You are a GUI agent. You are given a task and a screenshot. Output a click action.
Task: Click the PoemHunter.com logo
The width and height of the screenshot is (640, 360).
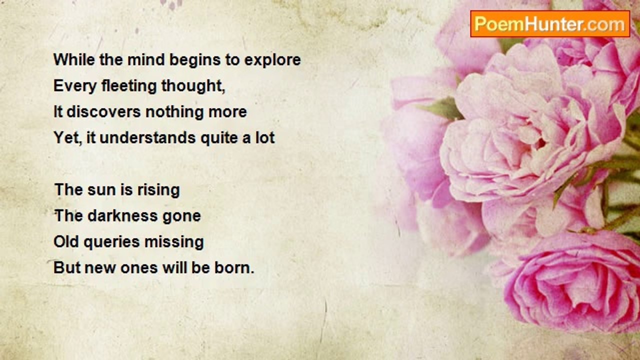(x=550, y=24)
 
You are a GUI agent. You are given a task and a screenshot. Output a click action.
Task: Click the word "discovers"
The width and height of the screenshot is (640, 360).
(x=103, y=111)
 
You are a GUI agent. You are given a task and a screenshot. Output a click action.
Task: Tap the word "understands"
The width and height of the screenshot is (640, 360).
(x=147, y=137)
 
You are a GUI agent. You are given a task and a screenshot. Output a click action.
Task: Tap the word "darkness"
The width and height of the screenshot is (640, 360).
(x=122, y=215)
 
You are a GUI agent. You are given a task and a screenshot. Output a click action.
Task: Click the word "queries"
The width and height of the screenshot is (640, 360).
(x=111, y=242)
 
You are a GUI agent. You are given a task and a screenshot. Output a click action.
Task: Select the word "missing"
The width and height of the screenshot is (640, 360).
(x=174, y=242)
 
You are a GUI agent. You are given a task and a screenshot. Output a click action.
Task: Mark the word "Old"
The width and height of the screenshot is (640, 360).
(x=66, y=241)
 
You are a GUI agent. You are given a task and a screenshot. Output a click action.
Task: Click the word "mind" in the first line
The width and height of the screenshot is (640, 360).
(x=146, y=59)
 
